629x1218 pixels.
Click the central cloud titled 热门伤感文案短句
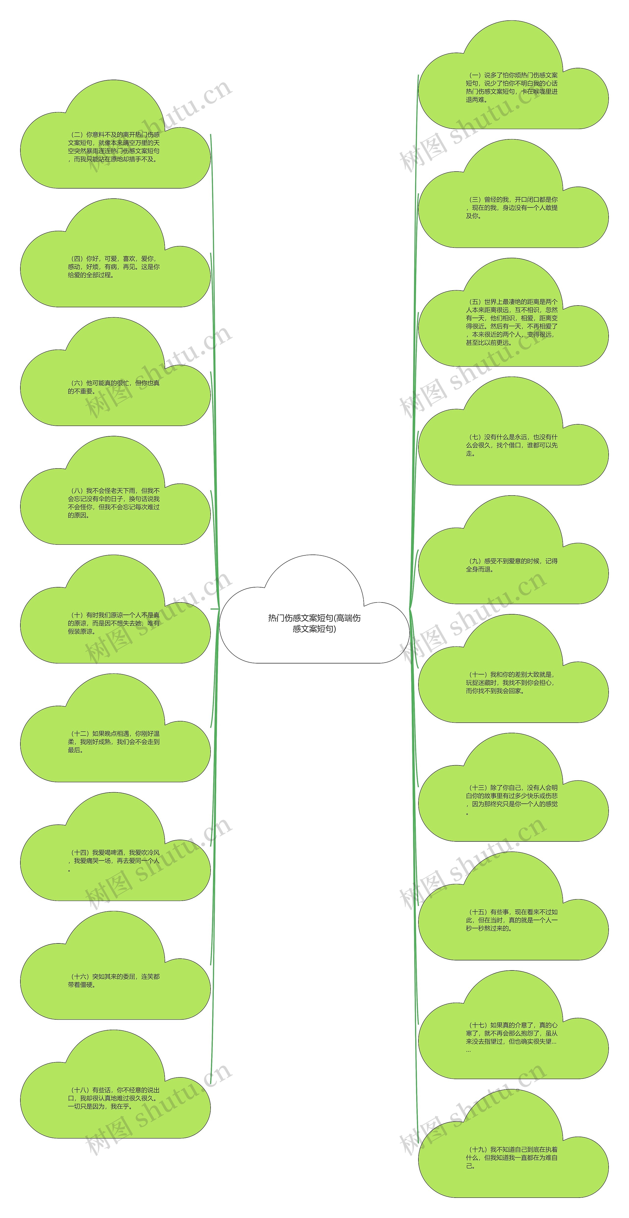pyautogui.click(x=314, y=623)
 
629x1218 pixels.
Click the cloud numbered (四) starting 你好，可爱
pyautogui.click(x=114, y=267)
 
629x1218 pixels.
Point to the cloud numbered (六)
pyautogui.click(x=114, y=387)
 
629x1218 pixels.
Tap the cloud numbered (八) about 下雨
pyautogui.click(x=114, y=503)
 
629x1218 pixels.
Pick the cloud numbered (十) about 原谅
pyautogui.click(x=114, y=623)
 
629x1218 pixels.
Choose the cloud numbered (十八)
pyautogui.click(x=114, y=1098)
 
